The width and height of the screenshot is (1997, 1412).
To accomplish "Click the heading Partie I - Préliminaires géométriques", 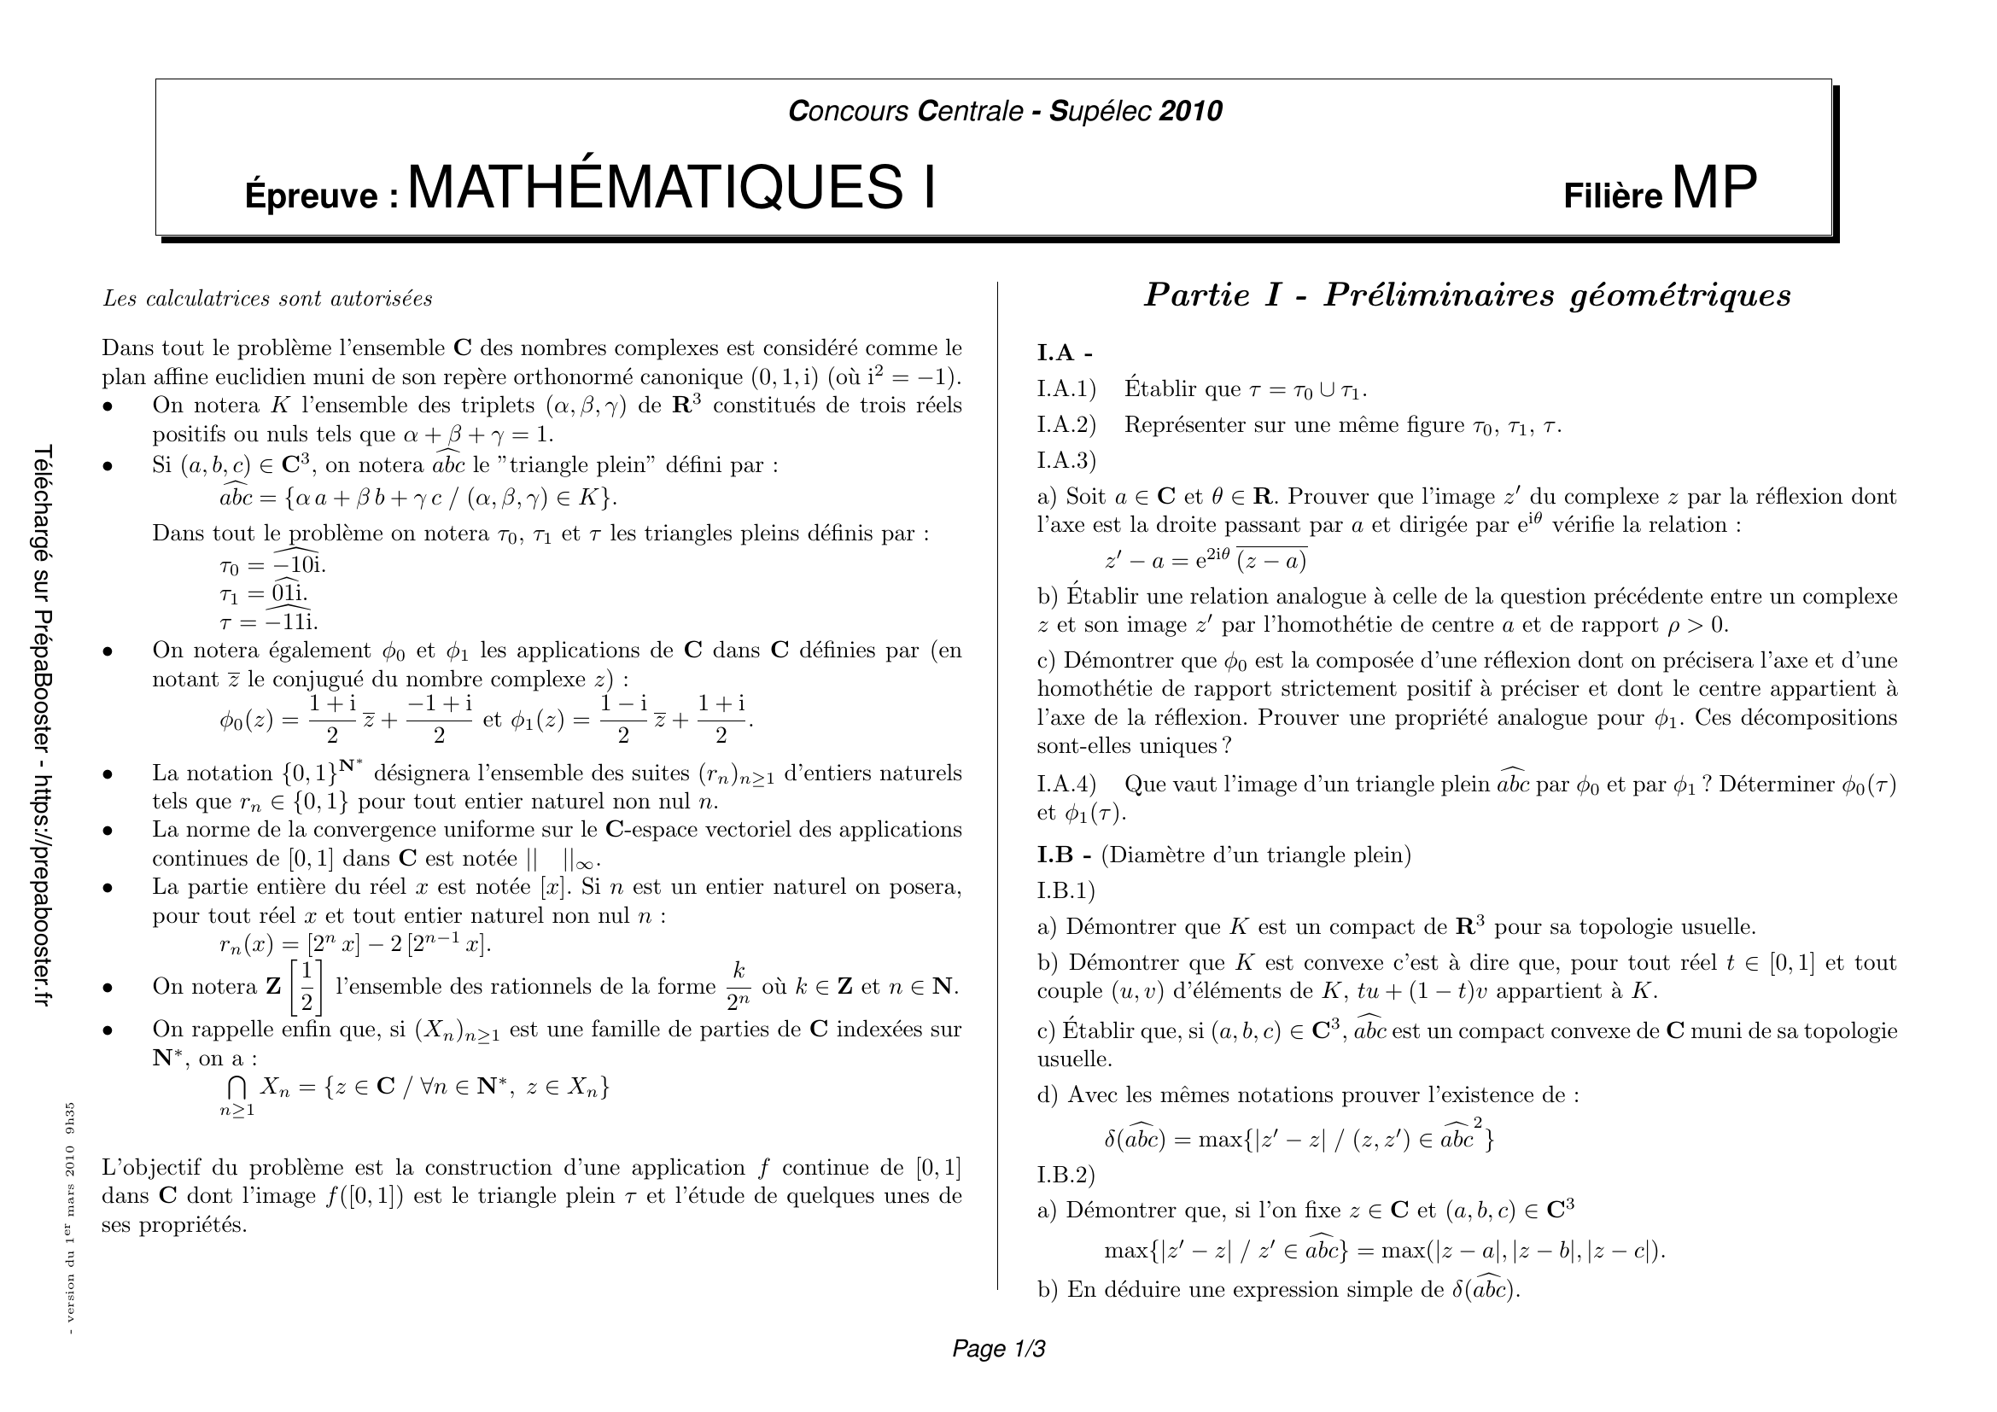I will pyautogui.click(x=1467, y=296).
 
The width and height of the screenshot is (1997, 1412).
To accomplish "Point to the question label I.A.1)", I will pyautogui.click(x=1066, y=388).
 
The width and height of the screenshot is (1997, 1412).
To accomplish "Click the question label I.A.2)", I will pyautogui.click(x=1066, y=425).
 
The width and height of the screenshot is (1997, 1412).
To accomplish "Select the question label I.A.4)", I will pyautogui.click(x=1066, y=785).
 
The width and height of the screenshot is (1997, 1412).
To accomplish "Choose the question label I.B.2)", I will pyautogui.click(x=1066, y=1175).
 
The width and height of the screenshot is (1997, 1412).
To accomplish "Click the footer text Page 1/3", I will pyautogui.click(x=999, y=1349).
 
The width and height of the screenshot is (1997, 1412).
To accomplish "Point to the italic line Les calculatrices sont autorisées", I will pyautogui.click(x=267, y=299).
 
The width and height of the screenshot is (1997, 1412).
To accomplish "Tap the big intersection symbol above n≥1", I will pyautogui.click(x=236, y=1087).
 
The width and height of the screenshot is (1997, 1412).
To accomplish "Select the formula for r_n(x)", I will pyautogui.click(x=355, y=944).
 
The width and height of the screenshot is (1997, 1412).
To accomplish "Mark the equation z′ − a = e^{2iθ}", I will pyautogui.click(x=1206, y=561).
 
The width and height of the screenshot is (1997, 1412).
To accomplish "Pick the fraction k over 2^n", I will pyautogui.click(x=739, y=987).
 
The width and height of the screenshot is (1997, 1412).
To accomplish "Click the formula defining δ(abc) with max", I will pyautogui.click(x=1299, y=1138).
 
